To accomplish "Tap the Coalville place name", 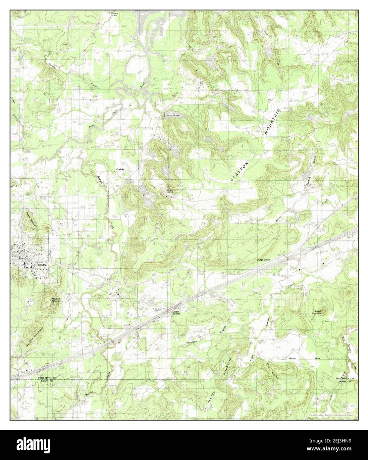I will [x=120, y=169].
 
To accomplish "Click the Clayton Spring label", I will [x=170, y=191].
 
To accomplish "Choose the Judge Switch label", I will [x=264, y=260].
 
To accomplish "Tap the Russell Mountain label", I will [x=321, y=312].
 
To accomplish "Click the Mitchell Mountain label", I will [x=57, y=300].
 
